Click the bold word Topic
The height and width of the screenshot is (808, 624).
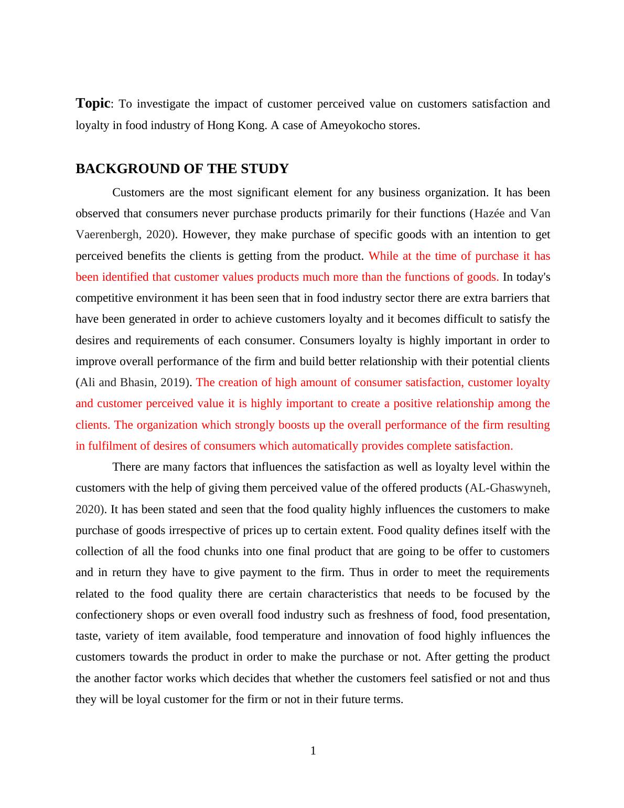click(93, 103)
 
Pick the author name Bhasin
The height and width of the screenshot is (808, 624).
click(137, 382)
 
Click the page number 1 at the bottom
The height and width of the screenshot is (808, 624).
click(313, 751)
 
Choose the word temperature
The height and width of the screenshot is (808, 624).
click(292, 636)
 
